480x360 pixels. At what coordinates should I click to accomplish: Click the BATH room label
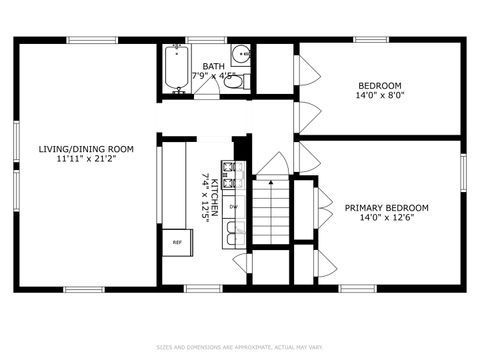tap(213, 66)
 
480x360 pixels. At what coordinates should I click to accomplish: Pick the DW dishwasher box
tap(233, 207)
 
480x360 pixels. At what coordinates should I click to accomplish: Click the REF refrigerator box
tap(177, 242)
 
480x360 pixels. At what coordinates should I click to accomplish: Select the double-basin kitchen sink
tap(233, 233)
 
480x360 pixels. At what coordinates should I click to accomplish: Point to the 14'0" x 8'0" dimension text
tap(379, 96)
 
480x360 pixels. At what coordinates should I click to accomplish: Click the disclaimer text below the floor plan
tap(240, 347)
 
